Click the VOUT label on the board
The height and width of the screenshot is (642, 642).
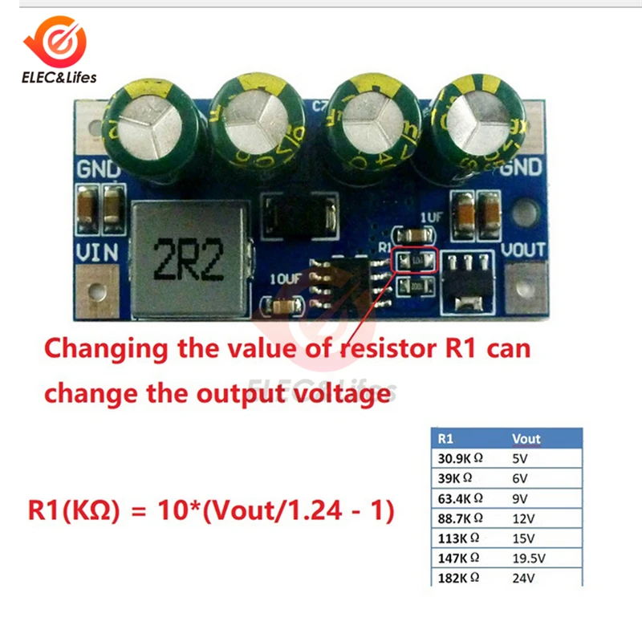tap(523, 249)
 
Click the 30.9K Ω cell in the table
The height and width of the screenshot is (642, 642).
tap(461, 460)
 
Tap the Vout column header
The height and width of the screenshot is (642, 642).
tap(526, 439)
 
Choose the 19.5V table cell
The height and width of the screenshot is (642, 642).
tap(530, 557)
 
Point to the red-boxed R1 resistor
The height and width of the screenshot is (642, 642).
tap(416, 261)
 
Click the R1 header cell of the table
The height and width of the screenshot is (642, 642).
tap(446, 439)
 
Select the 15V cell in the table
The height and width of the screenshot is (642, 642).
tap(523, 537)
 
